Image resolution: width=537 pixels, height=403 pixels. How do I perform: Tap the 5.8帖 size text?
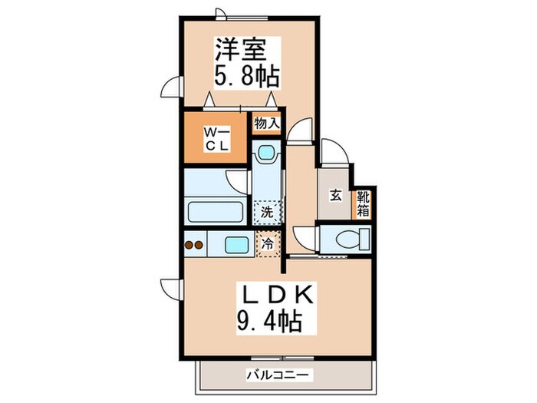pos(245,77)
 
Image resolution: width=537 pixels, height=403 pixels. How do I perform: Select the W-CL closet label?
pos(214,137)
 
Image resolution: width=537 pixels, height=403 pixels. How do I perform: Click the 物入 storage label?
pos(266,123)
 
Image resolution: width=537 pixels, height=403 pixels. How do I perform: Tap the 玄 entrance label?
pos(336,195)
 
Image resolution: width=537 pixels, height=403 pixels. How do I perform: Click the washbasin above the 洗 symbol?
pos(266,153)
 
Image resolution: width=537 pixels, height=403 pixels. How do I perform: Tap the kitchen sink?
pos(236,245)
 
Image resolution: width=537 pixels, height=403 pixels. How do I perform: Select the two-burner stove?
pos(194,246)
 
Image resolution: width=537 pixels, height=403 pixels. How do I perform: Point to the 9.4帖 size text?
pos(270,321)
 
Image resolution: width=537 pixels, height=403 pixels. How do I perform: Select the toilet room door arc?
pos(305,238)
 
